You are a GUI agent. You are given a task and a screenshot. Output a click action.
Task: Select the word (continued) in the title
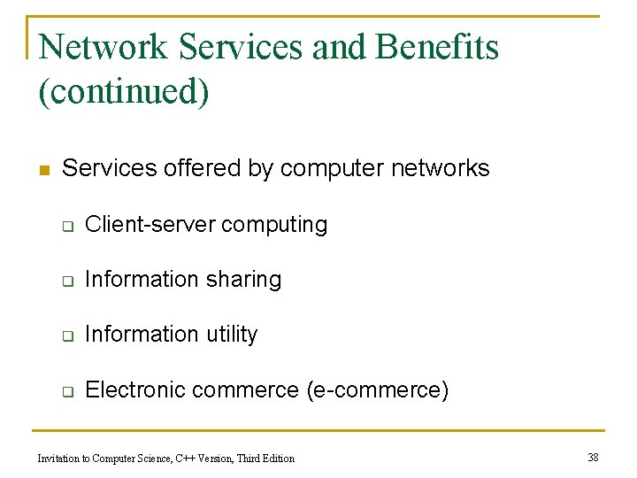[124, 91]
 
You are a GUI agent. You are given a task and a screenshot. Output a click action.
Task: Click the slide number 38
[593, 458]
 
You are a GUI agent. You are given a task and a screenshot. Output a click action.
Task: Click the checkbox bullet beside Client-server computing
[66, 226]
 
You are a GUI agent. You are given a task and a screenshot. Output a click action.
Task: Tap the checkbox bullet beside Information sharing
[66, 281]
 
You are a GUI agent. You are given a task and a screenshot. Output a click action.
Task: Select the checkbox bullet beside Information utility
[66, 335]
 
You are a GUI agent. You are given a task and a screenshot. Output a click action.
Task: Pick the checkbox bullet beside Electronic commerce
[66, 390]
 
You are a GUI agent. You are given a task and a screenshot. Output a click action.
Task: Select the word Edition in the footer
[277, 459]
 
